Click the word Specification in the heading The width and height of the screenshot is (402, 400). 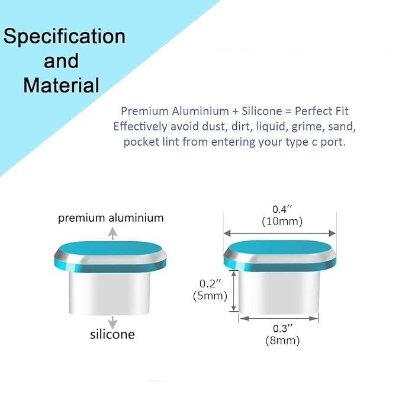(x=65, y=37)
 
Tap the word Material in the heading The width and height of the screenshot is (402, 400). (x=61, y=85)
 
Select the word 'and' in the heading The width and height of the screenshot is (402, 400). (x=61, y=61)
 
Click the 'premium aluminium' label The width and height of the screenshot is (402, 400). (x=111, y=218)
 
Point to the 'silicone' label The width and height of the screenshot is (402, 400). (x=112, y=334)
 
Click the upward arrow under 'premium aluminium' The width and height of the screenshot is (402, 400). (x=112, y=233)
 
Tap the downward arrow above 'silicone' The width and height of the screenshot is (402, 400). (x=112, y=322)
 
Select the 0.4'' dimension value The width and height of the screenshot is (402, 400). (x=282, y=209)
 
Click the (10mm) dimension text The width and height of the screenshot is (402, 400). (x=282, y=222)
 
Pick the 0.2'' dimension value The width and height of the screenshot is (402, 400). (x=210, y=284)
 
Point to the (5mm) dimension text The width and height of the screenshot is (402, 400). (x=210, y=296)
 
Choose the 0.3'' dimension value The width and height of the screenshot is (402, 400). (x=282, y=328)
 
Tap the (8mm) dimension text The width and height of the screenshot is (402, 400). (x=282, y=341)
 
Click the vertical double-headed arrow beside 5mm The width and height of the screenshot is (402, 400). (x=233, y=291)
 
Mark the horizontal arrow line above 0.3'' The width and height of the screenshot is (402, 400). (x=279, y=318)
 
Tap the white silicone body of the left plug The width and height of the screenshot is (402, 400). (x=110, y=293)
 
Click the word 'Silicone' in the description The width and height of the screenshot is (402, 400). (x=262, y=111)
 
